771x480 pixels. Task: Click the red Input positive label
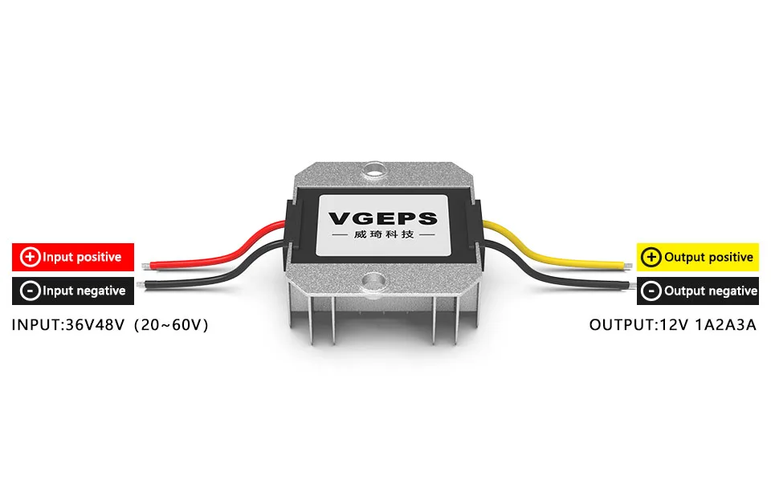pos(73,257)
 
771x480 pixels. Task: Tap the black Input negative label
pos(73,291)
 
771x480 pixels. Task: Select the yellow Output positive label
pos(697,257)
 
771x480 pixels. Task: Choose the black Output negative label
pos(697,291)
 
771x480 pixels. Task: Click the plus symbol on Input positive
pos(30,257)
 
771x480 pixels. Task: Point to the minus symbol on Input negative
pos(30,291)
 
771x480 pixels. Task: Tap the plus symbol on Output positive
pos(651,257)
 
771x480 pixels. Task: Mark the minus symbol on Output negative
pos(651,291)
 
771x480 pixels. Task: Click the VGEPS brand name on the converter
pos(383,218)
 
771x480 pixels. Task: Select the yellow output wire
pos(546,254)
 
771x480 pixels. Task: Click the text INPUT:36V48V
pos(68,325)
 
